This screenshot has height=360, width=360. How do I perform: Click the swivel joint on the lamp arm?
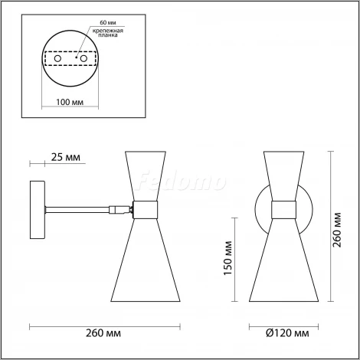pos(117,207)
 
